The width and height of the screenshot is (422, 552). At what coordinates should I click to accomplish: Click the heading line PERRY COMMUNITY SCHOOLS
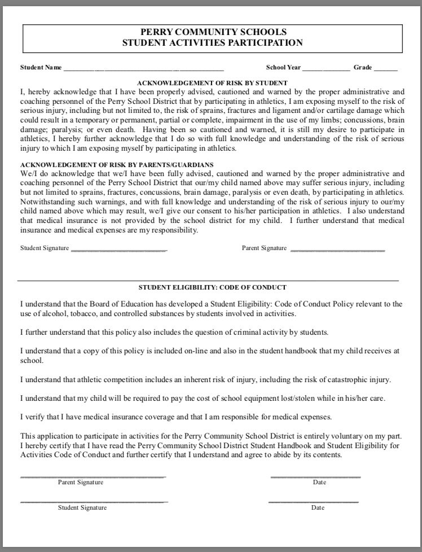(213, 32)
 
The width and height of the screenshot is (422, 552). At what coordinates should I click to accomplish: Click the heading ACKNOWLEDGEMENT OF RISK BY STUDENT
(212, 82)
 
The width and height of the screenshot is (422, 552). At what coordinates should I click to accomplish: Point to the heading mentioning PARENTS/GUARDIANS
(117, 164)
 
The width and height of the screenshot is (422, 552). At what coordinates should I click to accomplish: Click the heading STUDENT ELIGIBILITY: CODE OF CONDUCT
(212, 287)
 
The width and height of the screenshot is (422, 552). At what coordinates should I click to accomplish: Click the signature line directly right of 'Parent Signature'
(337, 249)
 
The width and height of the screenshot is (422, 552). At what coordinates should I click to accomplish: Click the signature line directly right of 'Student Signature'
(119, 249)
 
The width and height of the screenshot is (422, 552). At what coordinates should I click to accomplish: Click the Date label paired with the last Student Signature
(318, 507)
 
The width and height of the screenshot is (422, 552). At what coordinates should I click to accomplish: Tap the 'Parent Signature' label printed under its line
(81, 483)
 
